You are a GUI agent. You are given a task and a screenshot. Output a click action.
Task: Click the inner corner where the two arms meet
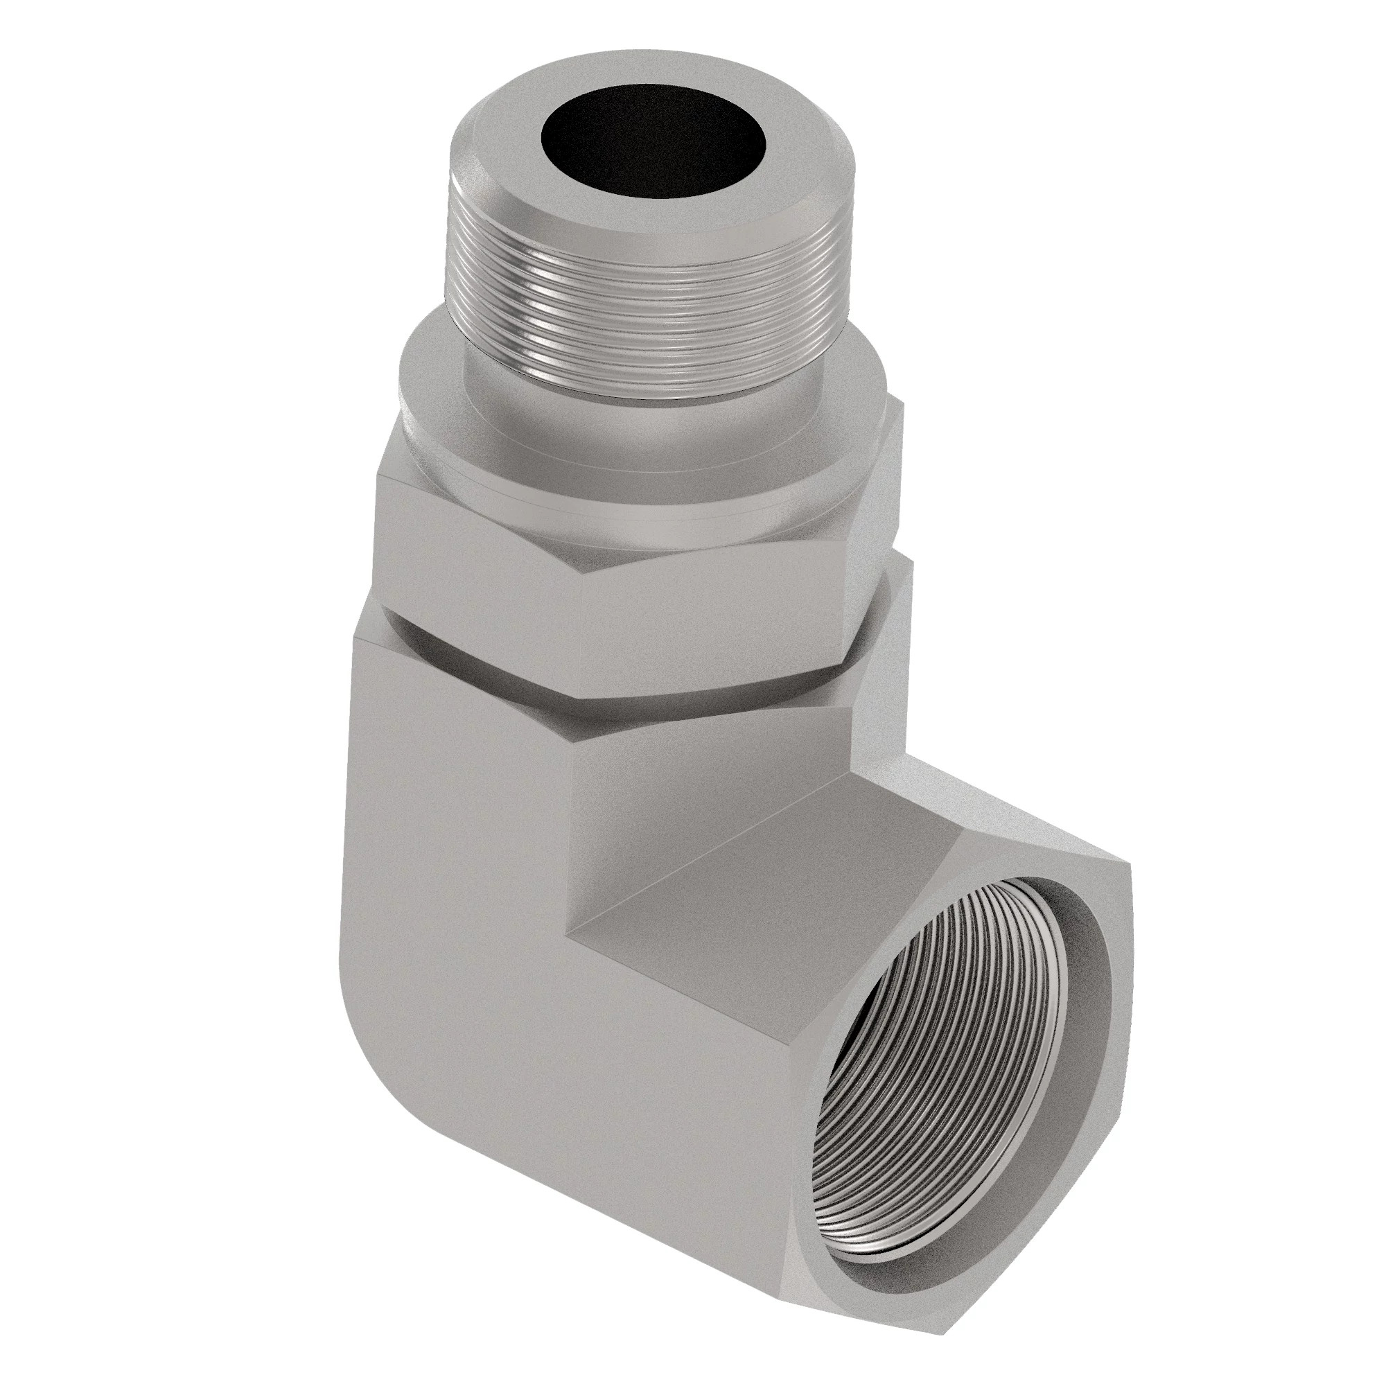[x=570, y=933]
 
